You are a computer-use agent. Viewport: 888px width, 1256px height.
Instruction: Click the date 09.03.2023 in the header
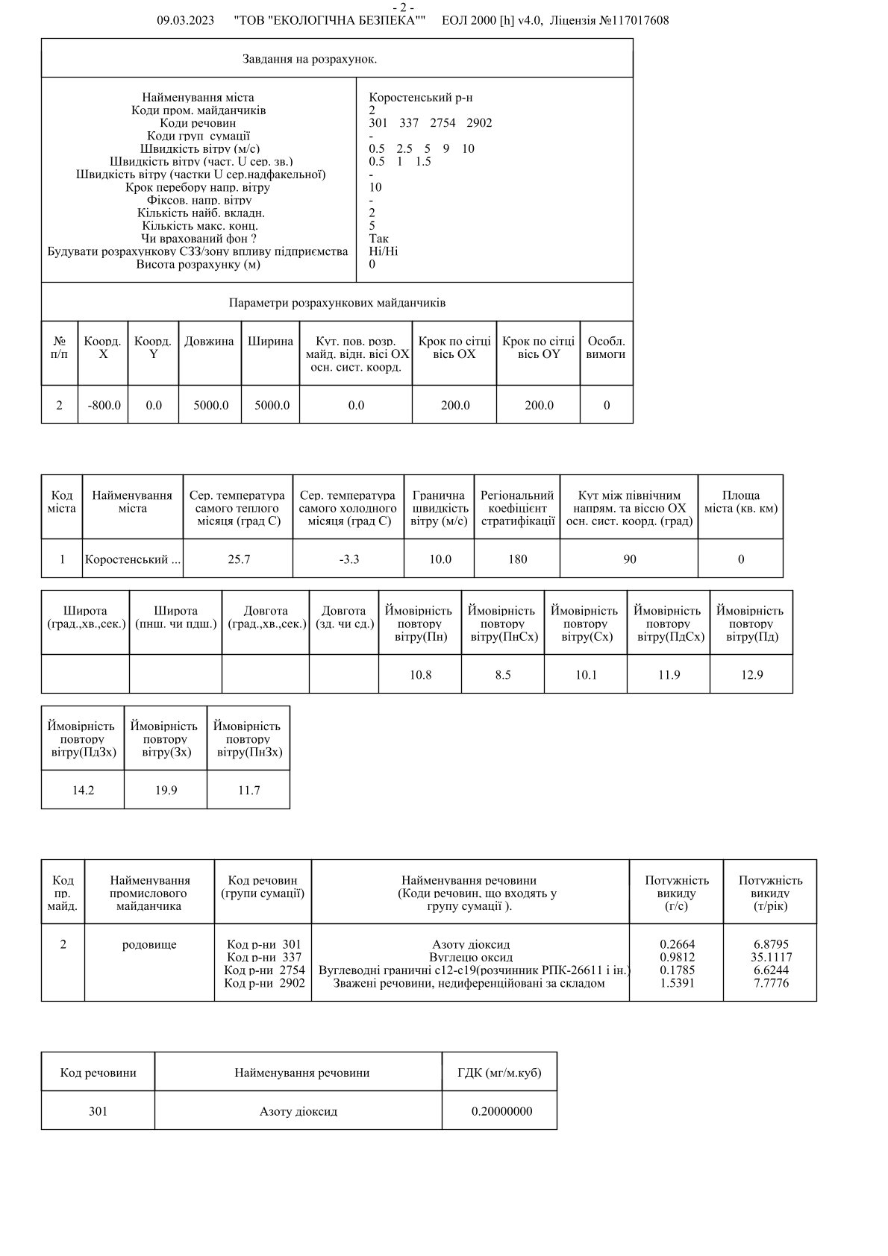[x=186, y=21]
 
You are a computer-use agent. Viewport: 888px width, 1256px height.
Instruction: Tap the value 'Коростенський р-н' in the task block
[x=420, y=98]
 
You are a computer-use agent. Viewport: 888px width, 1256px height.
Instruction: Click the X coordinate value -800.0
[x=104, y=405]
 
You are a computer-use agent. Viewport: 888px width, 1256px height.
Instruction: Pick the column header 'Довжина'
[x=209, y=342]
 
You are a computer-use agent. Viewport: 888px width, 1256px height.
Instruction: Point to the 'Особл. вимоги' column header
[x=605, y=348]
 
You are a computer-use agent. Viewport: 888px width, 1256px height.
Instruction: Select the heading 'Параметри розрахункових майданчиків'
[x=337, y=303]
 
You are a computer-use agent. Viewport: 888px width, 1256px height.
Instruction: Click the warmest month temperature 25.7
[x=239, y=559]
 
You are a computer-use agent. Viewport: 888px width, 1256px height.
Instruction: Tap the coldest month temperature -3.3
[x=348, y=559]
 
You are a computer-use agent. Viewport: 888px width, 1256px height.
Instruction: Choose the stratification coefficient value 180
[x=517, y=559]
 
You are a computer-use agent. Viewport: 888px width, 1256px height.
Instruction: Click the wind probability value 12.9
[x=751, y=675]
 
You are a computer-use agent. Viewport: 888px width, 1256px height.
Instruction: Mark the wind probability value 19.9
[x=166, y=791]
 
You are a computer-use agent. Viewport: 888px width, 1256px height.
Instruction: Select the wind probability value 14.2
[x=83, y=791]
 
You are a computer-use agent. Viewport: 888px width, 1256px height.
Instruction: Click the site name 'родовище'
[x=149, y=945]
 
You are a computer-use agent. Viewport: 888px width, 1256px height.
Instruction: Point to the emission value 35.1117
[x=771, y=958]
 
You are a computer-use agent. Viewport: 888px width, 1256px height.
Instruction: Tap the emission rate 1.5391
[x=677, y=983]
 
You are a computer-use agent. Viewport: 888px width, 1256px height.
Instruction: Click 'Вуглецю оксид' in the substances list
[x=471, y=958]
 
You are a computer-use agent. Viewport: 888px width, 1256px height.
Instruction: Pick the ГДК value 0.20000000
[x=501, y=1111]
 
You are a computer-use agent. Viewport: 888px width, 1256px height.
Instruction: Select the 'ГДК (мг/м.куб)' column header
[x=499, y=1073]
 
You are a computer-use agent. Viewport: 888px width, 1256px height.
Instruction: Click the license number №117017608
[x=634, y=21]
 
